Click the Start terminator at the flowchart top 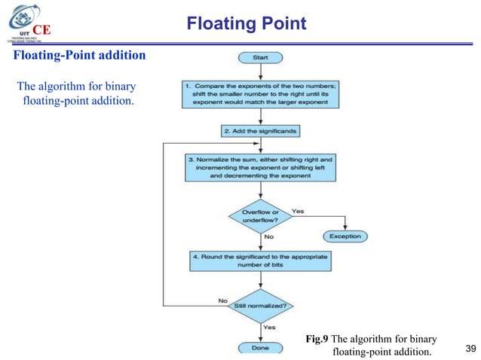[x=260, y=58]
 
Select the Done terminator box [x=260, y=348]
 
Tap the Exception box [x=345, y=236]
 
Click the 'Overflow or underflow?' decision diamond [x=259, y=217]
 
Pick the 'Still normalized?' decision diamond [x=259, y=307]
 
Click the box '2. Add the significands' [x=260, y=130]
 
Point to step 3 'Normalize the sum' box [x=260, y=166]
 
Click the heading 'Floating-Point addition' [x=72, y=56]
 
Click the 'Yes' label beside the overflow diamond [x=298, y=211]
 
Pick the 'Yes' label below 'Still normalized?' [x=269, y=327]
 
